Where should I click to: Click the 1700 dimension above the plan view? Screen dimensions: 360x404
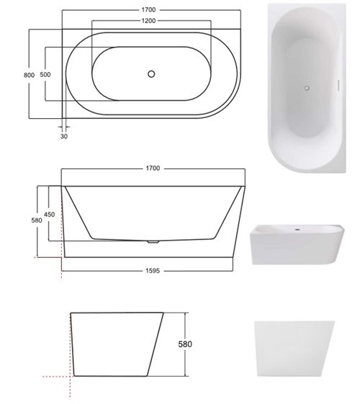(x=148, y=10)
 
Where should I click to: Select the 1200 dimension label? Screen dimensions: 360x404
(x=148, y=21)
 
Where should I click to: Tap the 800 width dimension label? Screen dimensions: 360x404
(x=29, y=75)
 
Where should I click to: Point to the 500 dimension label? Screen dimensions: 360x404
(x=45, y=74)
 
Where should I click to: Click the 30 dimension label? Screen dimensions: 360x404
(x=64, y=136)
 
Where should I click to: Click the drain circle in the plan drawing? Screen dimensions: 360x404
(x=151, y=74)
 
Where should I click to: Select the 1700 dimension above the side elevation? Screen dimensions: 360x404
(x=153, y=169)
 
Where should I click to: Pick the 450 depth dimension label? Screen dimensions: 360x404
(x=49, y=215)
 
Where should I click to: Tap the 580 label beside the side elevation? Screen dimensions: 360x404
(x=37, y=220)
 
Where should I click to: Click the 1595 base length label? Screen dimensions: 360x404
(x=153, y=271)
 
